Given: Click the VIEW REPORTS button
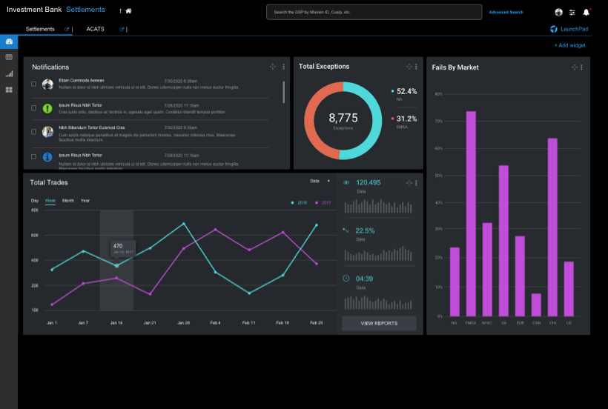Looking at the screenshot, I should coord(379,323).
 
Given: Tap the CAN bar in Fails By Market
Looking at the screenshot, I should coord(536,305).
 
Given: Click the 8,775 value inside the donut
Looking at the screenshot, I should coord(343,118).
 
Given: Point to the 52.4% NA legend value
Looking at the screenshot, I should coord(406,91).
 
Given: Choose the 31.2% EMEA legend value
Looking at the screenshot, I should coord(406,119).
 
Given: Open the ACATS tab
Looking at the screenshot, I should coord(95,29).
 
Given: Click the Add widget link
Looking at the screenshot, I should coord(569,45).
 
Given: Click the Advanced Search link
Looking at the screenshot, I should coord(506,12).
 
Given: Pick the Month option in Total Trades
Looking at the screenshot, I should coord(67,201).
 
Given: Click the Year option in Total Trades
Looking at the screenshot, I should coord(85,201).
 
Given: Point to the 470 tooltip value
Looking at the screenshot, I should coord(118,245).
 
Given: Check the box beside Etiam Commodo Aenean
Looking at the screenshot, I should coord(33,84).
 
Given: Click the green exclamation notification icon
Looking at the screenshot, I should coord(47,108).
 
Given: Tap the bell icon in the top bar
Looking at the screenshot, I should coord(586,12).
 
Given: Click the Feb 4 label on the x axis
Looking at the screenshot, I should coord(215,323).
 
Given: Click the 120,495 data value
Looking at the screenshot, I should coord(369,182).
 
